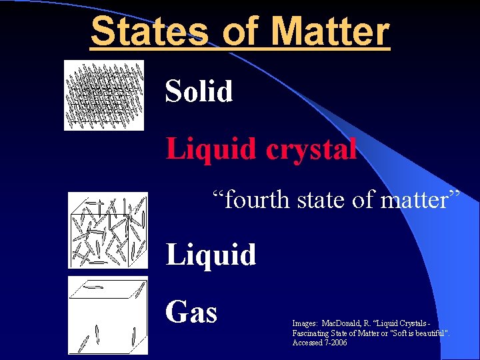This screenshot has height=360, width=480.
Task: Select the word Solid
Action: click(x=199, y=91)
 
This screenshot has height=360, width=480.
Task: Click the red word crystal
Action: click(x=311, y=149)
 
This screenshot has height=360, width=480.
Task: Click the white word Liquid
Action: click(x=211, y=255)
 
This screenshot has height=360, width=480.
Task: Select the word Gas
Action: click(x=191, y=311)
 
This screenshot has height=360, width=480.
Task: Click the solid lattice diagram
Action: click(x=103, y=95)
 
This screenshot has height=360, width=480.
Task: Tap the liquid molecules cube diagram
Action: click(x=107, y=230)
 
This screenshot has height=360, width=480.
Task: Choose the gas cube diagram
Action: click(x=107, y=315)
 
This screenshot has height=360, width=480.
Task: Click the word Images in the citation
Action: click(x=305, y=323)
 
